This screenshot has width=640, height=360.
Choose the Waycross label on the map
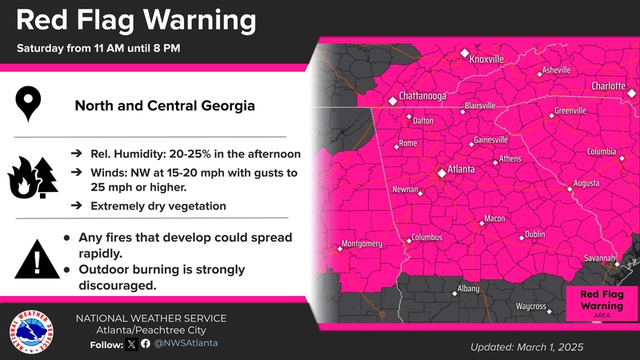(530, 306)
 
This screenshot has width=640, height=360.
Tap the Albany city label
(468, 288)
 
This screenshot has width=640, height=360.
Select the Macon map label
(494, 218)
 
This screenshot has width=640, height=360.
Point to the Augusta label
(586, 183)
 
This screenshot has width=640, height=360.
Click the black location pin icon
(30, 105)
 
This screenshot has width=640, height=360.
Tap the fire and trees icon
(33, 178)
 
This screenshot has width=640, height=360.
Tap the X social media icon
(131, 344)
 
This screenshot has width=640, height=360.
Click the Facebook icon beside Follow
(146, 344)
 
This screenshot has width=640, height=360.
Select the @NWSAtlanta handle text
(186, 343)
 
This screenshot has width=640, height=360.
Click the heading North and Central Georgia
(165, 106)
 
